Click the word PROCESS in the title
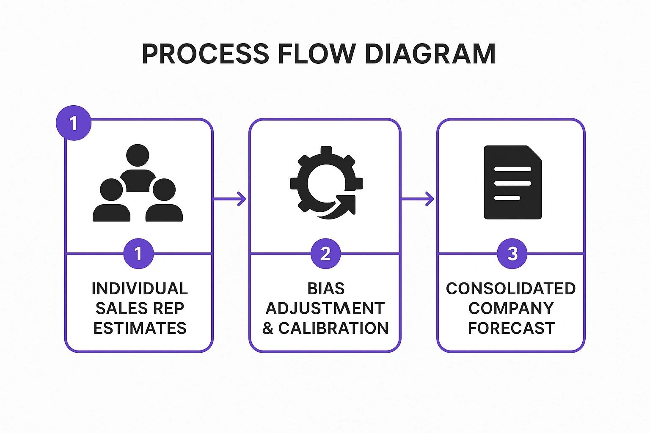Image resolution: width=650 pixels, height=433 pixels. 205,54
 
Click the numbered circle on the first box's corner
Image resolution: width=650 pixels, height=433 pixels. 74,123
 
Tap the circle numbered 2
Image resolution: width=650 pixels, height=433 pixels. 325,254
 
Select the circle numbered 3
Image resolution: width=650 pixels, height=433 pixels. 512,254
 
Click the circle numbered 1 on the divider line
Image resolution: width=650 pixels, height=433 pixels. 138,254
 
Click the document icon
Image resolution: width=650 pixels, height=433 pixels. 512,183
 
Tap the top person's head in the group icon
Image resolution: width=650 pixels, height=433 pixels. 138,155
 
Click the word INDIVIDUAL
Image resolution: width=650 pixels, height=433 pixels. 140,289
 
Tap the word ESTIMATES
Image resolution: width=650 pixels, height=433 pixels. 140,329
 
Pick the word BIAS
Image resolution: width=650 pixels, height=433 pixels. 326,289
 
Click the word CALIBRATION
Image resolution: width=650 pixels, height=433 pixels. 333,329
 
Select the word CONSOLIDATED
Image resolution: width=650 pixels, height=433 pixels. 511,289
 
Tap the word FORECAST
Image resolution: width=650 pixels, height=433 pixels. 511,329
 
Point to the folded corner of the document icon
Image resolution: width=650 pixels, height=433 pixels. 536,153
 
